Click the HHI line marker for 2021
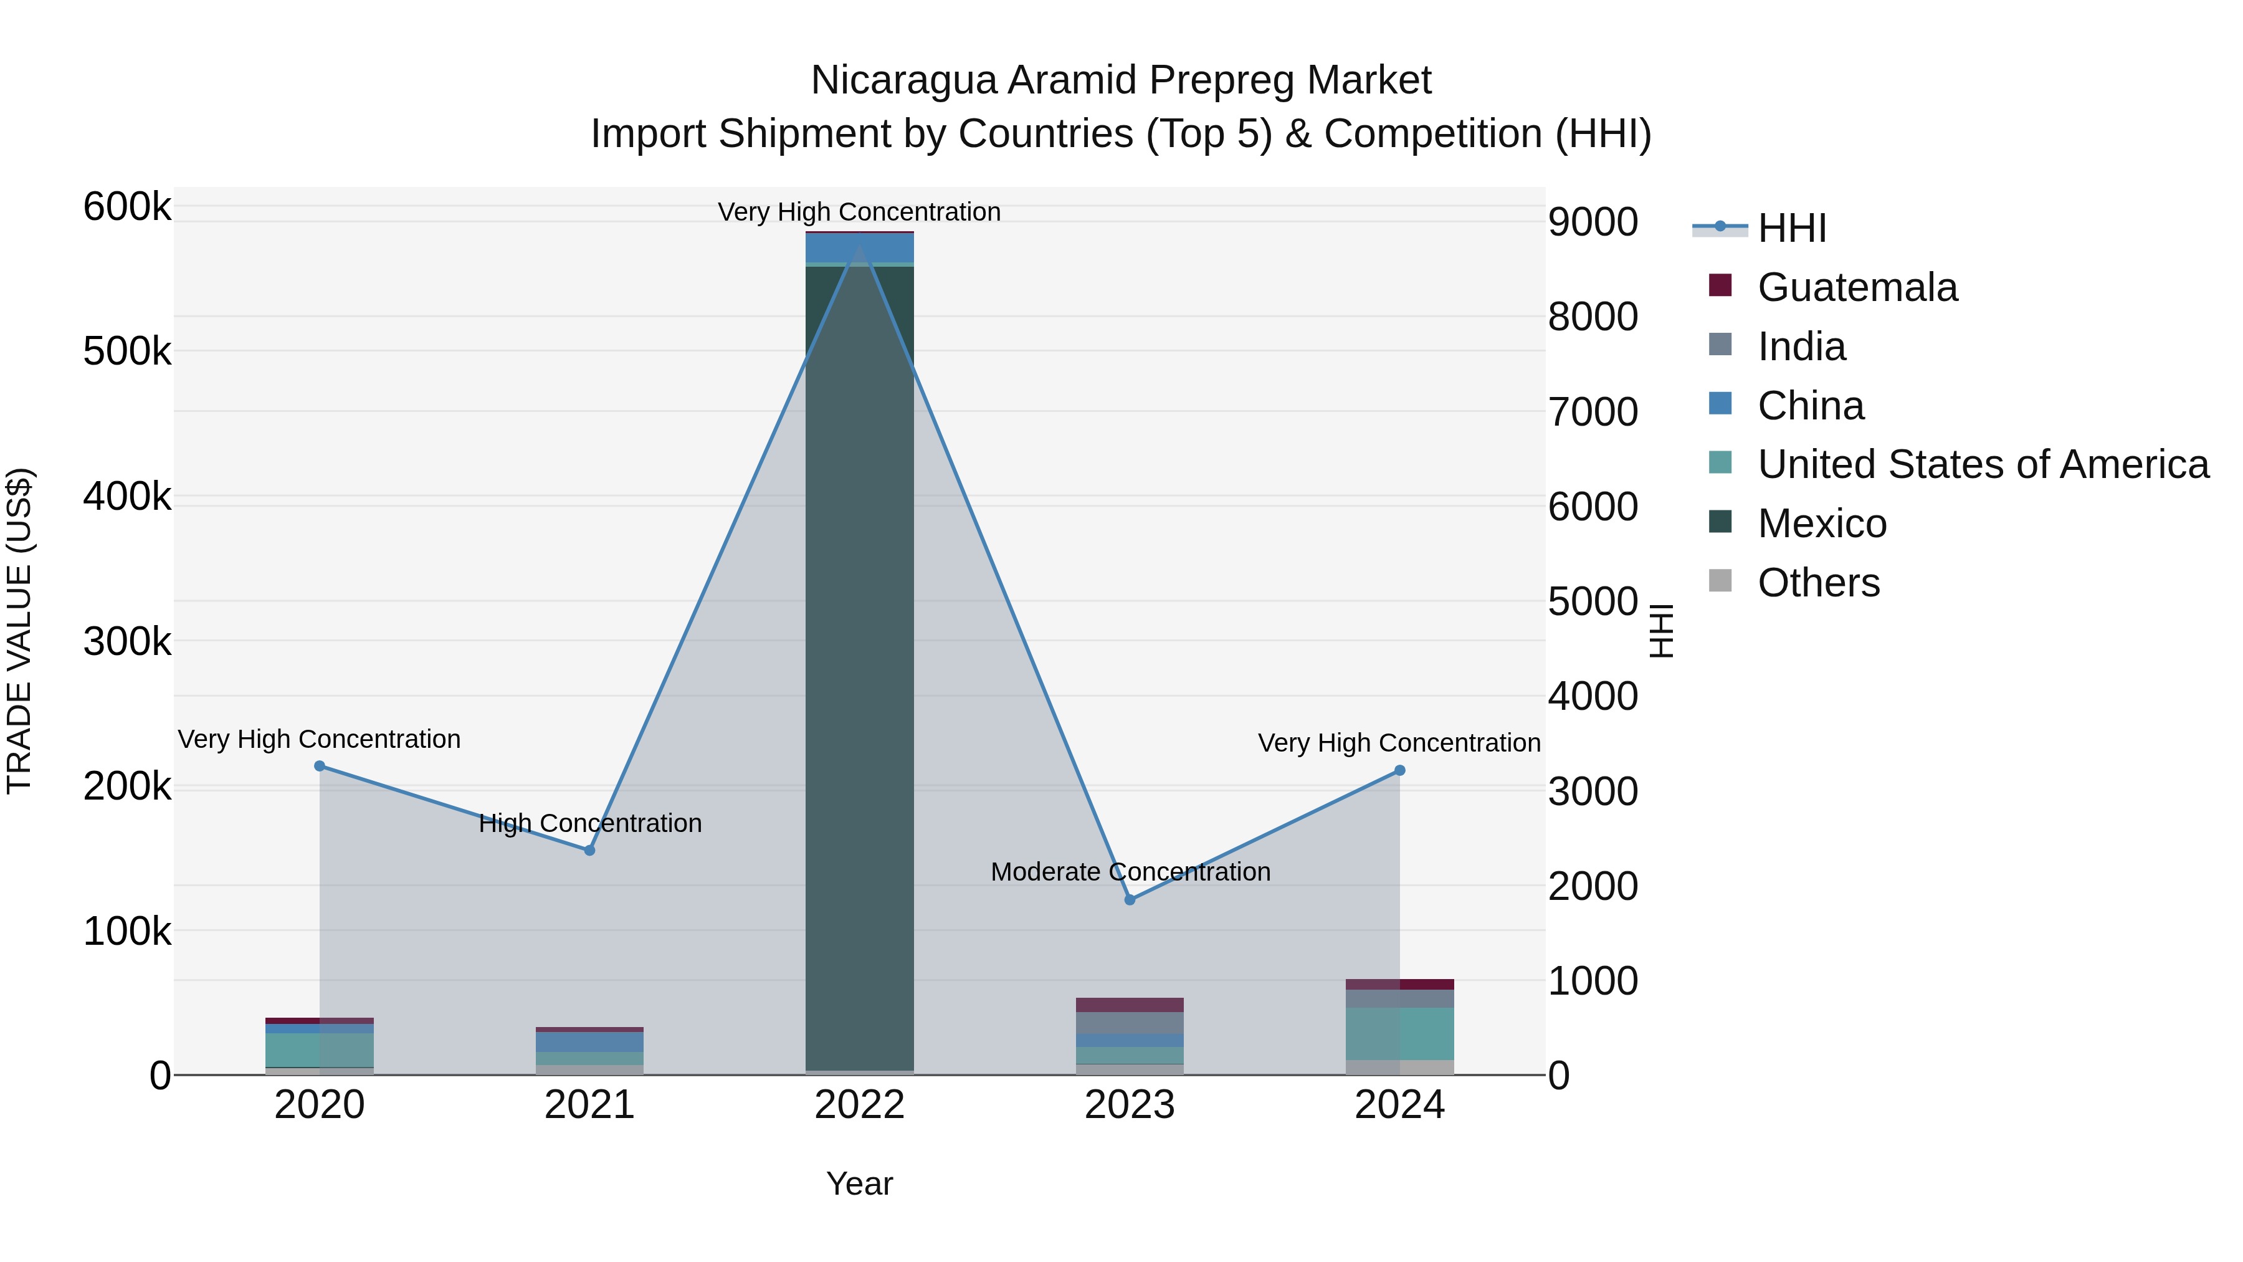pyautogui.click(x=589, y=850)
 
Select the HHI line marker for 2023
pyautogui.click(x=1130, y=900)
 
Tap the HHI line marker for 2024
pyautogui.click(x=1400, y=770)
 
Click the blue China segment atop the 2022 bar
pyautogui.click(x=859, y=248)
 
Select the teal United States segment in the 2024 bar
pyautogui.click(x=1400, y=1034)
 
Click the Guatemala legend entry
pyautogui.click(x=1857, y=287)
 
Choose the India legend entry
pyautogui.click(x=1801, y=347)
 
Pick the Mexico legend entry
pyautogui.click(x=1822, y=523)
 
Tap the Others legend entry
pyautogui.click(x=1818, y=583)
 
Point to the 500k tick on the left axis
pyautogui.click(x=127, y=352)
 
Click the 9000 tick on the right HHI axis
pyautogui.click(x=1593, y=222)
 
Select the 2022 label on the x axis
pyautogui.click(x=859, y=1105)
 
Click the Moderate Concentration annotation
pyautogui.click(x=1130, y=872)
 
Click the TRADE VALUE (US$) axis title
pyautogui.click(x=19, y=631)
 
